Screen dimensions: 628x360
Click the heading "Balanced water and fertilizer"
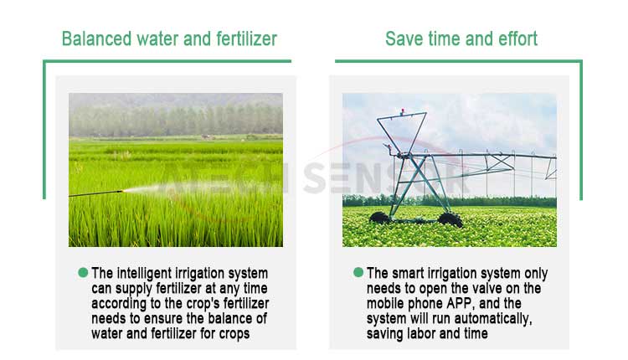pos(169,39)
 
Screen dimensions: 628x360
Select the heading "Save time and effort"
pos(461,39)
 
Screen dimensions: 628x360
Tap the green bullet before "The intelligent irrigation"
pos(83,273)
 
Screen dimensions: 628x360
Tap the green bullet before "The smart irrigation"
pos(358,273)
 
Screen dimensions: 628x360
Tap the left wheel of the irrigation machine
pos(379,218)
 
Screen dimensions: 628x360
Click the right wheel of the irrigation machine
pos(450,219)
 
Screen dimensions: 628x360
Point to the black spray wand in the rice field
pos(95,194)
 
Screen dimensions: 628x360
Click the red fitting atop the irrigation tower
pos(402,111)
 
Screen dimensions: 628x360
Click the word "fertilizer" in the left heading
pos(246,39)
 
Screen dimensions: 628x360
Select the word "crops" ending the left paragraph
pos(234,334)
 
